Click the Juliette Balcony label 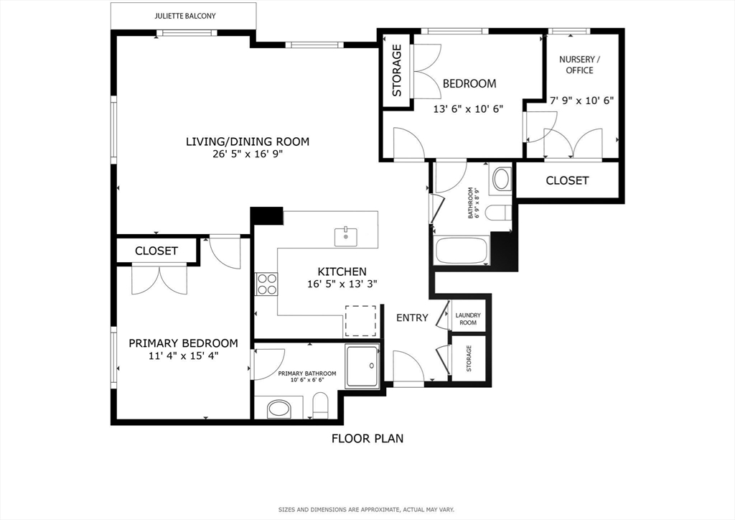click(185, 16)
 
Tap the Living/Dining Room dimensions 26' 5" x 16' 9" click(248, 154)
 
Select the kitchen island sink click(346, 237)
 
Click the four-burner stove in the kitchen click(267, 284)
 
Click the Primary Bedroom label click(183, 343)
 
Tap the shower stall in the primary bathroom click(362, 367)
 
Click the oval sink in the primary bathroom click(279, 409)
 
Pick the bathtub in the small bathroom click(462, 251)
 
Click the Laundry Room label click(468, 319)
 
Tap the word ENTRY click(412, 318)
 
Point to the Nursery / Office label click(580, 65)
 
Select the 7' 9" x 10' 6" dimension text click(581, 101)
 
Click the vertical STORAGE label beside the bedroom click(397, 70)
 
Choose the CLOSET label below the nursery click(567, 180)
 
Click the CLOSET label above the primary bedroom click(156, 251)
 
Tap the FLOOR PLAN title click(367, 438)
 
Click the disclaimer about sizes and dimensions click(366, 510)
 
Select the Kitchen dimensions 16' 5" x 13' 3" click(342, 284)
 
